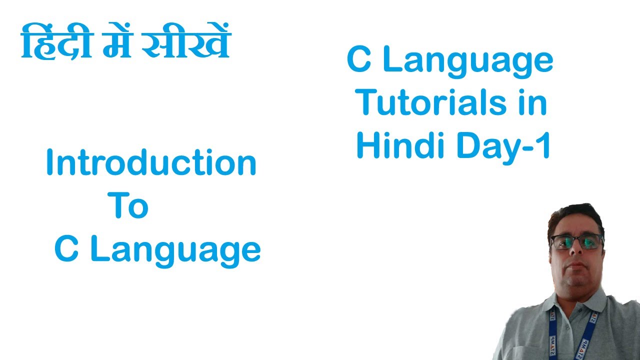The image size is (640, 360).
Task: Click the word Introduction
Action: (151, 163)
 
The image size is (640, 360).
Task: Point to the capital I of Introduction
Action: (49, 163)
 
